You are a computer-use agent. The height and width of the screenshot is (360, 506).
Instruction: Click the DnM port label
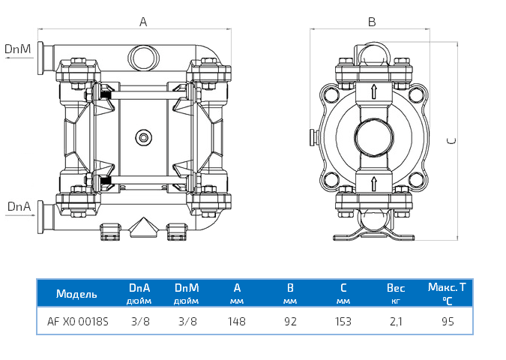pyautogui.click(x=17, y=49)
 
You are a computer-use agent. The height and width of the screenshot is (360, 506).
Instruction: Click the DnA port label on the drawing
pyautogui.click(x=19, y=205)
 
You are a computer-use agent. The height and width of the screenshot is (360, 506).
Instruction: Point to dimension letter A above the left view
pyautogui.click(x=143, y=22)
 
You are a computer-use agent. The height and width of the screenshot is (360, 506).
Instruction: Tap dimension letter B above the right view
pyautogui.click(x=371, y=22)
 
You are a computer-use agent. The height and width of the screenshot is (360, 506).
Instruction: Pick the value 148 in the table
pyautogui.click(x=237, y=321)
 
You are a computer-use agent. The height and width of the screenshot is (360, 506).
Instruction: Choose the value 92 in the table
pyautogui.click(x=290, y=321)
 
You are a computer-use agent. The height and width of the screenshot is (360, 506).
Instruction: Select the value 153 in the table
pyautogui.click(x=343, y=321)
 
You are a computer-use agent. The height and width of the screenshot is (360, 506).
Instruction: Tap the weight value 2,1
pyautogui.click(x=395, y=321)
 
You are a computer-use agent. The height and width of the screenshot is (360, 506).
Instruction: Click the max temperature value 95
pyautogui.click(x=447, y=321)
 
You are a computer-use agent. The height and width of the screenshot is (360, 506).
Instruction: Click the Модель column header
pyautogui.click(x=76, y=293)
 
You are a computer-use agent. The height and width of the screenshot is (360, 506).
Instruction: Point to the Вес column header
pyautogui.click(x=395, y=288)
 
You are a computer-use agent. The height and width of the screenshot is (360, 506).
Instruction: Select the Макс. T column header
pyautogui.click(x=447, y=287)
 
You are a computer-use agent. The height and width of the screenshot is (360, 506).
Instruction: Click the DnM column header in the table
pyautogui.click(x=186, y=287)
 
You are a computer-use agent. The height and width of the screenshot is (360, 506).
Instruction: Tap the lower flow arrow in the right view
pyautogui.click(x=373, y=183)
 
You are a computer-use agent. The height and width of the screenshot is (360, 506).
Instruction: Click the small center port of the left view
pyautogui.click(x=142, y=136)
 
